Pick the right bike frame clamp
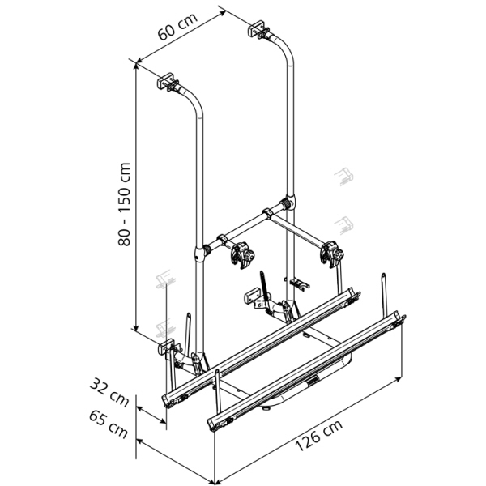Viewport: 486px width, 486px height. point(332,253)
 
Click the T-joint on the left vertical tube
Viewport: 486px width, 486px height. point(198,255)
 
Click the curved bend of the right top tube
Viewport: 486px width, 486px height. point(282,47)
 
